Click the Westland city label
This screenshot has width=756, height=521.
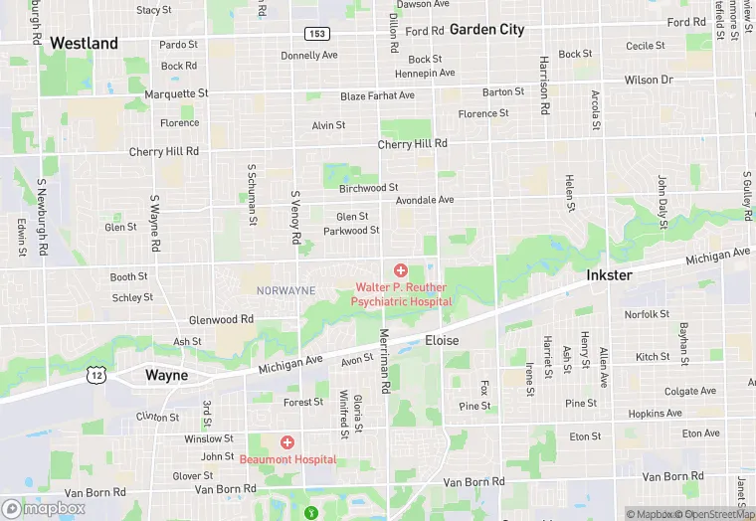pos(84,43)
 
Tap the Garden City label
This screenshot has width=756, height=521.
pos(486,29)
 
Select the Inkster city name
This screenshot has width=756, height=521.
pos(609,274)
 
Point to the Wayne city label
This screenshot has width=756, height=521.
pos(166,376)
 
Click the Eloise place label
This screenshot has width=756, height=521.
pos(443,340)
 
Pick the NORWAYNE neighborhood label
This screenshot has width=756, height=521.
pos(285,290)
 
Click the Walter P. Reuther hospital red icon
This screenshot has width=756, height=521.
pos(401,270)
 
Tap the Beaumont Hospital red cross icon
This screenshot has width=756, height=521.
pos(287,441)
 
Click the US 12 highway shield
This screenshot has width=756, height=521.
pos(95,375)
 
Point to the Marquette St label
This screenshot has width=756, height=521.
pos(176,93)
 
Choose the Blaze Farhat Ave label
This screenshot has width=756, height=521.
pos(377,95)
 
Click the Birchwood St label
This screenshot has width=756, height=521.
pos(368,187)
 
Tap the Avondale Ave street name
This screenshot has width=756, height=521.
pos(424,200)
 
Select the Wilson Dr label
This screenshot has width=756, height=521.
pos(649,80)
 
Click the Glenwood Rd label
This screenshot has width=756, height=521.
pos(221,319)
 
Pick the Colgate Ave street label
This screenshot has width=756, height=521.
pos(689,392)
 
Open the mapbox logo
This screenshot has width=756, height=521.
pos(44,508)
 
